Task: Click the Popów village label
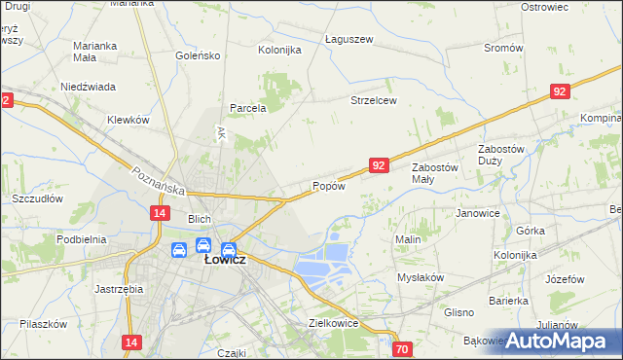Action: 329,186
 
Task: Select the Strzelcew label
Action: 374,100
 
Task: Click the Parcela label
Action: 247,108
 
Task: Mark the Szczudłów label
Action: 37,198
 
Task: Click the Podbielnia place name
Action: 81,239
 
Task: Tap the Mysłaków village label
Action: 421,276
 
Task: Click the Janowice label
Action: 477,213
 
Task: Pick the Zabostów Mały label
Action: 435,172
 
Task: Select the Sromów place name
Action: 503,47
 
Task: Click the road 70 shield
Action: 403,348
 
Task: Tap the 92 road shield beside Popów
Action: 380,166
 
